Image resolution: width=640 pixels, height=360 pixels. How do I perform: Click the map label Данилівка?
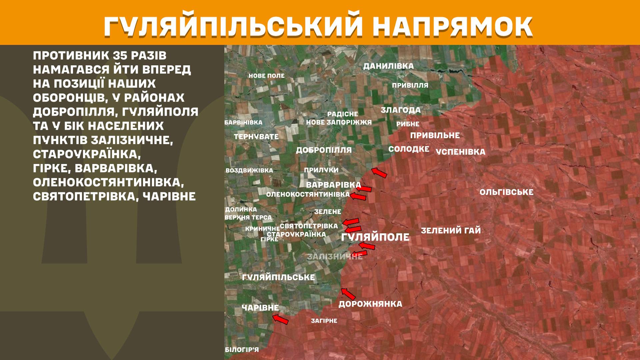[x=388, y=66]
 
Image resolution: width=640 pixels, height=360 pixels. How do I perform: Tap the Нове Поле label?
[x=266, y=76]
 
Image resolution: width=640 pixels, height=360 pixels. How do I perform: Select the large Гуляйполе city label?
[x=375, y=237]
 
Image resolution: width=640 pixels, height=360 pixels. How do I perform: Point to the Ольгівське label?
[x=506, y=192]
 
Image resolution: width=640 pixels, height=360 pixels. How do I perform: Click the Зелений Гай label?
[x=451, y=230]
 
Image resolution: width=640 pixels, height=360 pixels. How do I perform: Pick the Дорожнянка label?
[x=370, y=304]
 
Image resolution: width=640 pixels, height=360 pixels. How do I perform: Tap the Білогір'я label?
[x=242, y=350]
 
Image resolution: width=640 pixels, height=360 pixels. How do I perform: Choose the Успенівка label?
[x=460, y=152]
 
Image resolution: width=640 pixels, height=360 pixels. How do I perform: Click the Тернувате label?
[x=256, y=137]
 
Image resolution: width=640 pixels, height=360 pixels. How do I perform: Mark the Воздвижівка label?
[x=249, y=170]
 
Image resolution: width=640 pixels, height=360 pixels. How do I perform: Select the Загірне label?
[x=324, y=321]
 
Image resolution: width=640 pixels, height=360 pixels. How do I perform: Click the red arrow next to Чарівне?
[x=280, y=319]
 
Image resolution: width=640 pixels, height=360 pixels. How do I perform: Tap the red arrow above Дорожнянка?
[x=348, y=294]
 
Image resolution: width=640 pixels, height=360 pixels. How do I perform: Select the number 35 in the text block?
[x=123, y=55]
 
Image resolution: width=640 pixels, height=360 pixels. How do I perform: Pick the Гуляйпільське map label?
[x=278, y=277]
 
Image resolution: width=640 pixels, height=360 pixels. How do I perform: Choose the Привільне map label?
[x=435, y=135]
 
